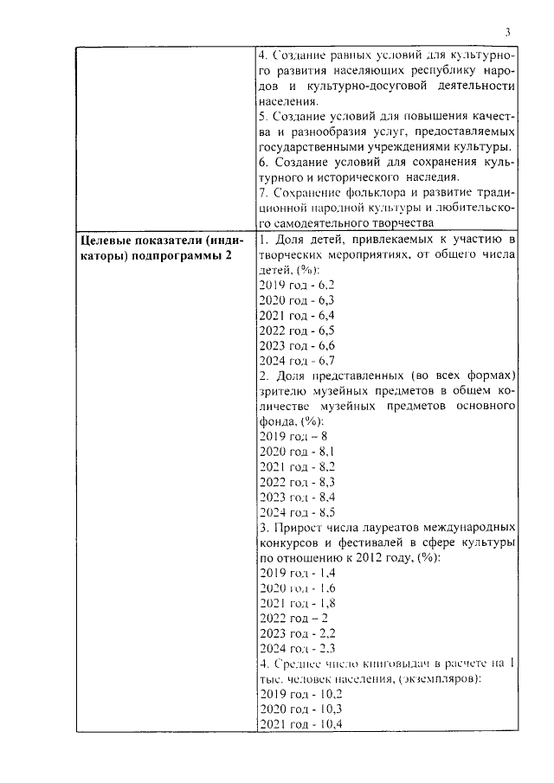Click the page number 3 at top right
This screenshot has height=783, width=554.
[508, 32]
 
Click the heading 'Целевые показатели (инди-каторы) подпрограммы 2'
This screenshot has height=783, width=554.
[161, 245]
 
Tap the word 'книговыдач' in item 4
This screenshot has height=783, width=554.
[398, 664]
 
